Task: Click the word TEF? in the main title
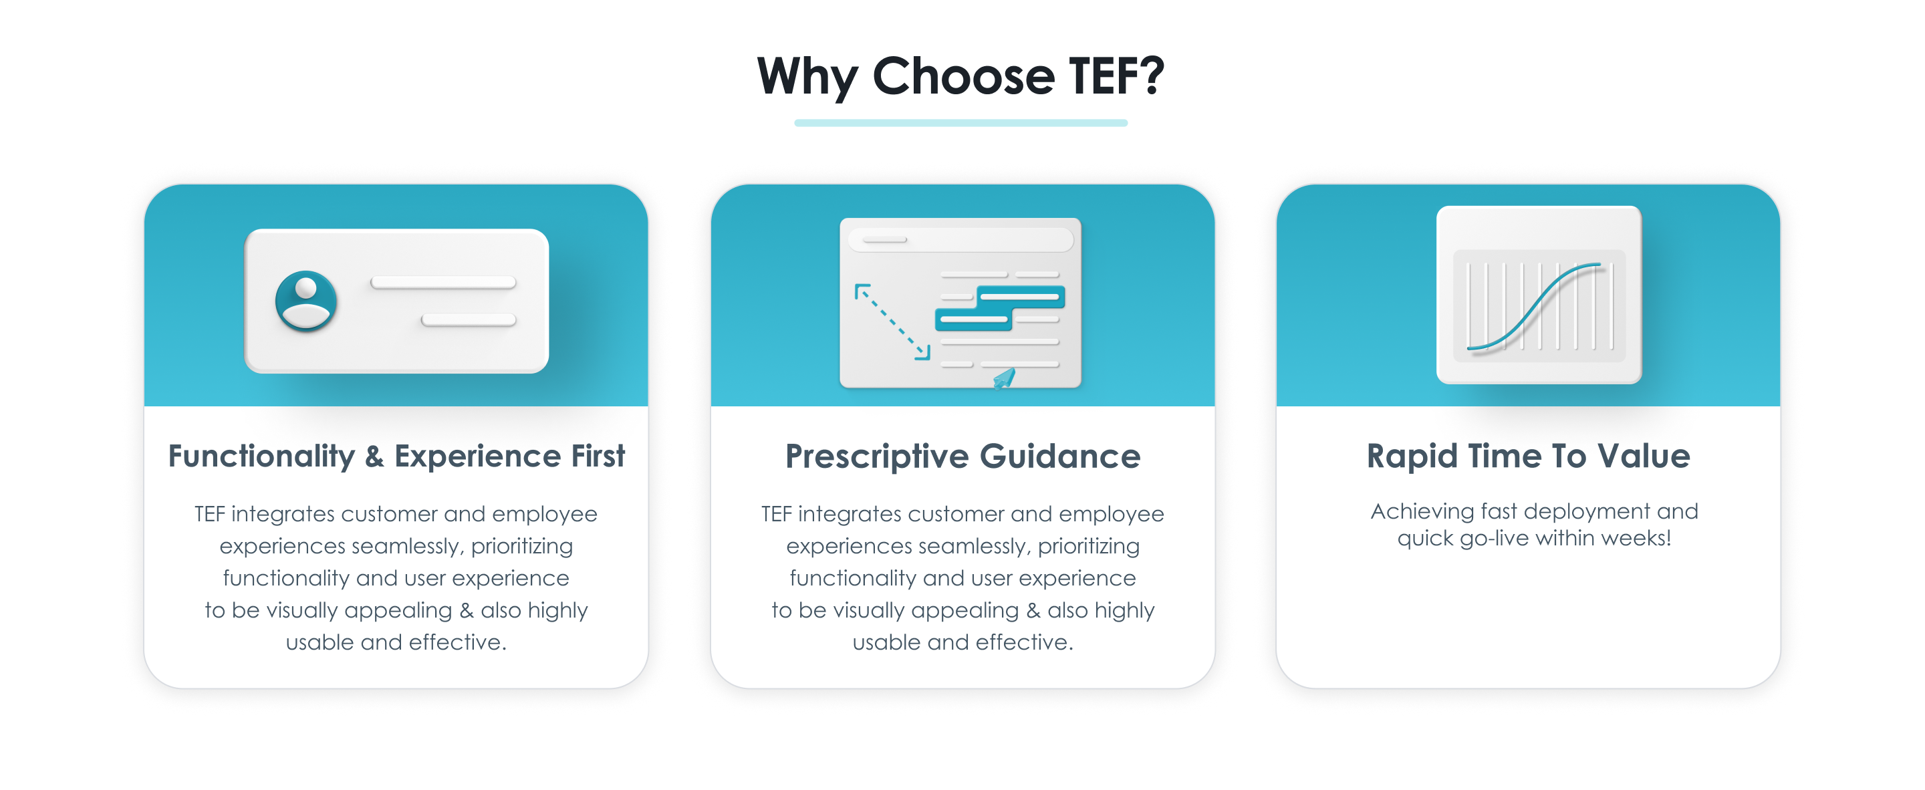click(x=1116, y=76)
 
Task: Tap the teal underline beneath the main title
click(x=961, y=122)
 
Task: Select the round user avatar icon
click(x=305, y=301)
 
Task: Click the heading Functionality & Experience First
click(x=396, y=456)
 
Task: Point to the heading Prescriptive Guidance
click(x=962, y=456)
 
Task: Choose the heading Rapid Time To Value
click(x=1528, y=456)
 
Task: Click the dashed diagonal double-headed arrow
click(x=892, y=321)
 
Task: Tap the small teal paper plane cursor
click(x=1003, y=378)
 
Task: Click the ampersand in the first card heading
click(x=374, y=456)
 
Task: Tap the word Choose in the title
click(x=963, y=76)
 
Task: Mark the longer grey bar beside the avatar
click(x=443, y=283)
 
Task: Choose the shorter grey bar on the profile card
click(x=469, y=320)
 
